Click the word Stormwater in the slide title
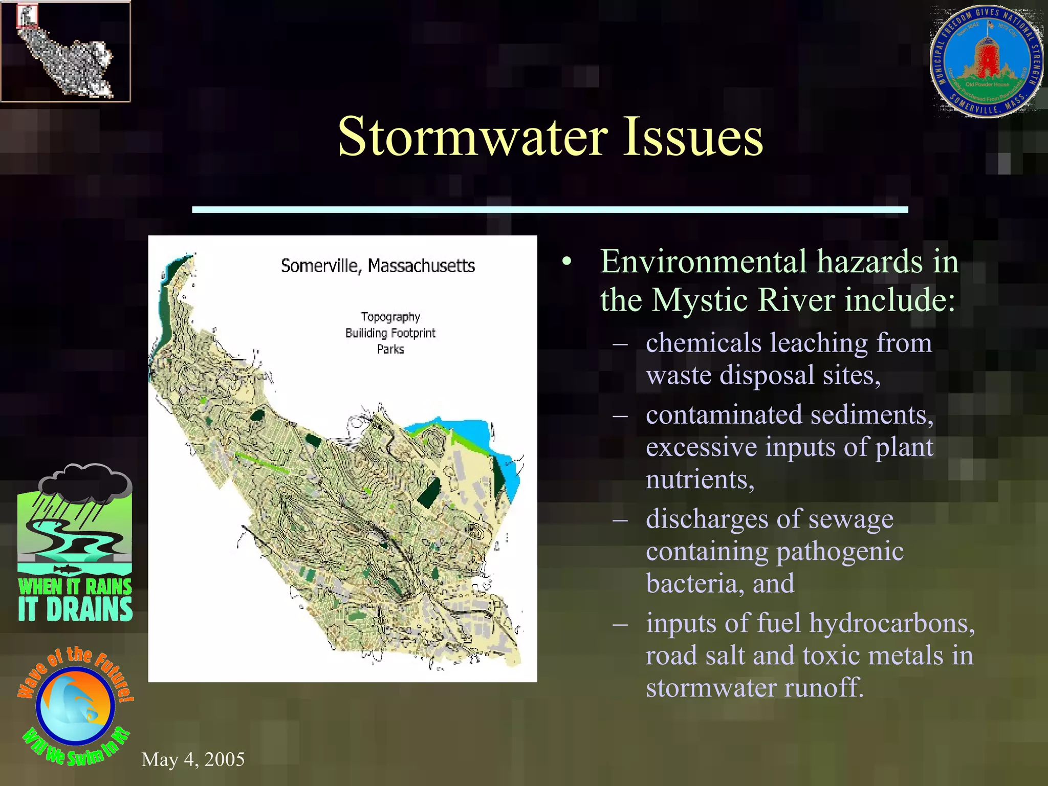472,137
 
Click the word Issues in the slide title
693,137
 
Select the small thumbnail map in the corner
65,52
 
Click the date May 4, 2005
193,759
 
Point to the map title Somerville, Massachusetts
378,266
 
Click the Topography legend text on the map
390,317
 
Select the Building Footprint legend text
390,333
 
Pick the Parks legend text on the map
390,350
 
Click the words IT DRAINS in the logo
75,609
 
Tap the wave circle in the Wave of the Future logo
75,706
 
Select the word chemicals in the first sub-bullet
703,343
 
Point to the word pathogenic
839,552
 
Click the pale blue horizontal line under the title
550,209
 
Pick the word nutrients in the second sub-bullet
700,480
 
